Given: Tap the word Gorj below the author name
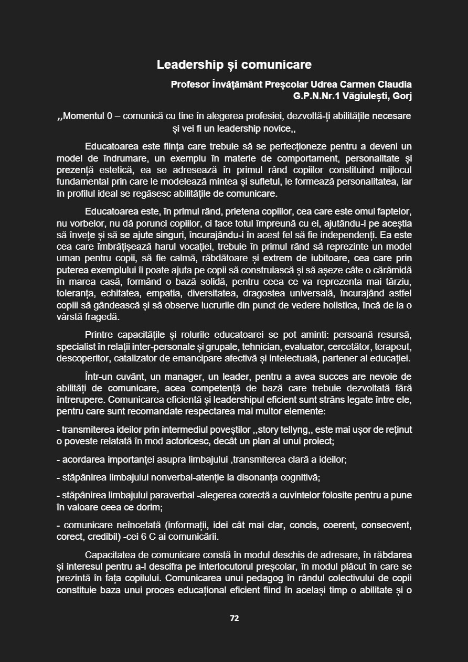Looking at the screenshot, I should [x=401, y=96].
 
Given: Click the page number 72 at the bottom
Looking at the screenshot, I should [x=234, y=618].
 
